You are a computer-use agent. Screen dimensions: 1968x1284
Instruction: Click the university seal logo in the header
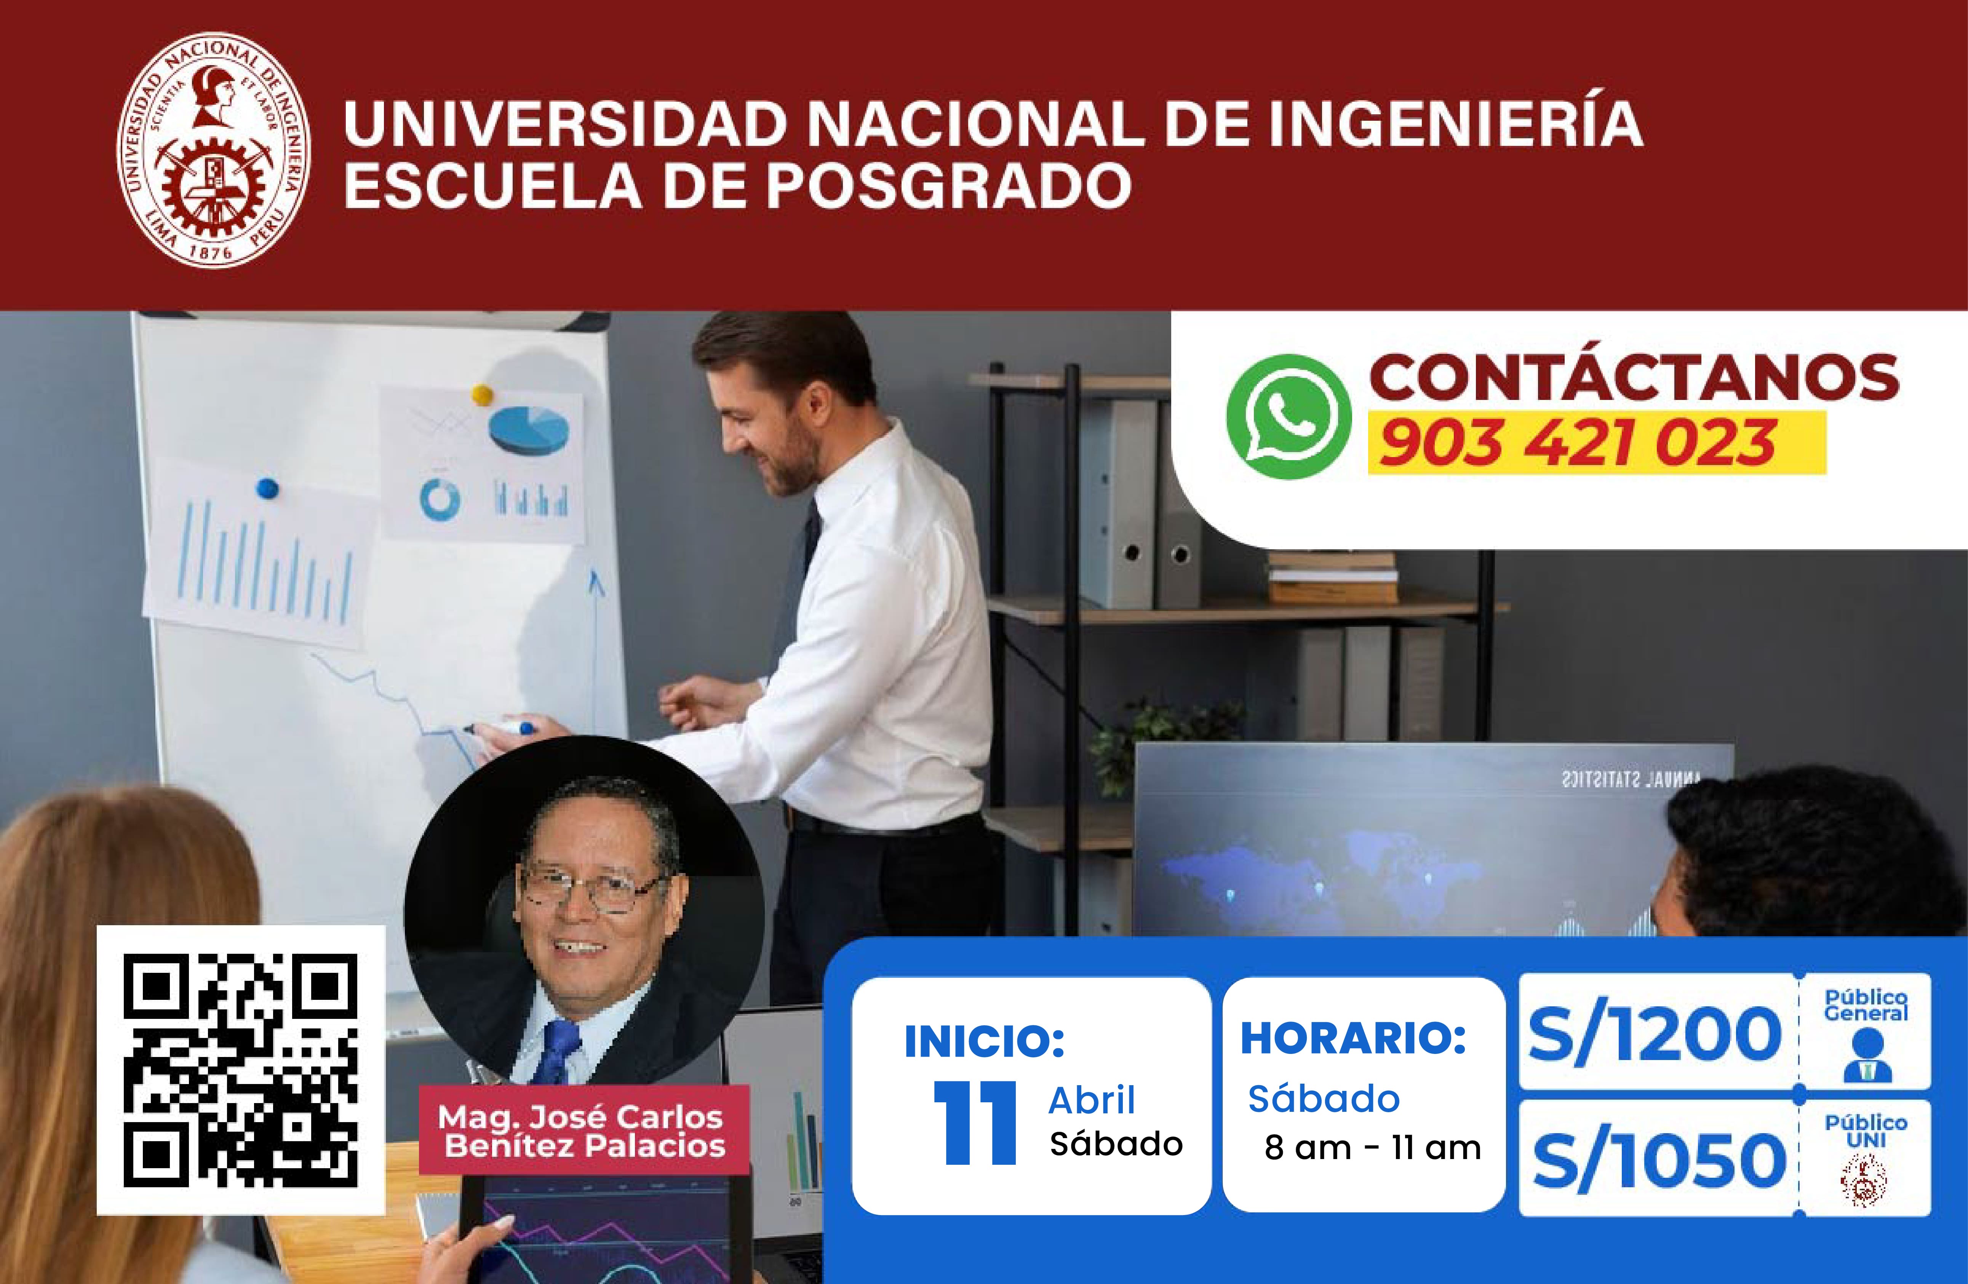[213, 150]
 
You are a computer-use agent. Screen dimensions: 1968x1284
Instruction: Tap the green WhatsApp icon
[1288, 417]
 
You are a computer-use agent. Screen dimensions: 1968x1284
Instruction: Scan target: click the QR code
[241, 1070]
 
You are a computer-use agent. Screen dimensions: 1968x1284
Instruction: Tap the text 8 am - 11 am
[1373, 1148]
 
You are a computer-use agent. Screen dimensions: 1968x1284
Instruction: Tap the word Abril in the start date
[1092, 1100]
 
